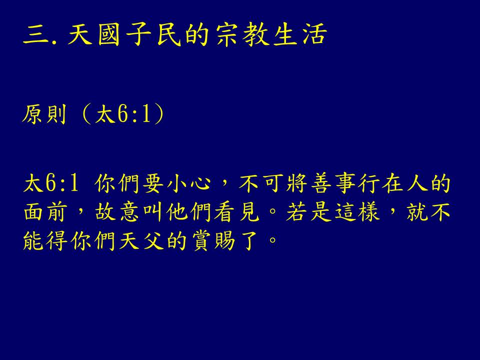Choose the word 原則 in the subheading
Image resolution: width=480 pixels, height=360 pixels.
click(x=44, y=114)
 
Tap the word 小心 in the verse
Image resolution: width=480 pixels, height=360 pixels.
click(x=189, y=183)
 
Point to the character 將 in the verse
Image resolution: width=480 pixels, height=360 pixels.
click(x=297, y=183)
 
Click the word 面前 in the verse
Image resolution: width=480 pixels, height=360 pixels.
click(x=45, y=212)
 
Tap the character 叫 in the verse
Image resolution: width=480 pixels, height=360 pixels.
click(x=152, y=212)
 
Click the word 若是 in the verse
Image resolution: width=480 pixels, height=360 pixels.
click(x=309, y=212)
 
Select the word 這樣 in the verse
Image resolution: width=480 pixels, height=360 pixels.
click(x=357, y=212)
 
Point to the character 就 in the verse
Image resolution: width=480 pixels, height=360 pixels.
click(x=417, y=212)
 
